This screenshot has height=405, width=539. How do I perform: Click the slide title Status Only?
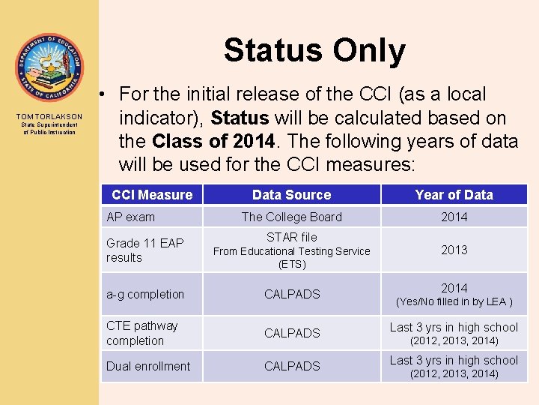coord(314,51)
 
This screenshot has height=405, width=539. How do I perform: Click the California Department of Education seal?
coord(49,68)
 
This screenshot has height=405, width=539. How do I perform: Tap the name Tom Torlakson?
coord(49,117)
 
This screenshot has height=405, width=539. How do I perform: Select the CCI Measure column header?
coord(152,195)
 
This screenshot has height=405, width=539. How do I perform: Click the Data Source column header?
coord(291,195)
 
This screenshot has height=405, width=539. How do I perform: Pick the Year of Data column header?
coord(454,195)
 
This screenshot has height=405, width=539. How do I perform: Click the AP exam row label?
coord(131,217)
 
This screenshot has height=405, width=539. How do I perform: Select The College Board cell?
coord(291,217)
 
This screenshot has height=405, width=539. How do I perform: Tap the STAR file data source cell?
coord(291,250)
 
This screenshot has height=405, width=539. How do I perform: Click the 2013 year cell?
coord(454,250)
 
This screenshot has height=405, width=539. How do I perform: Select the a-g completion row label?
coord(145,294)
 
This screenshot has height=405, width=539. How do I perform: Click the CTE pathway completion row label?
coord(142,333)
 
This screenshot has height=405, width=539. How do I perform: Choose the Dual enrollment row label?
coord(148,366)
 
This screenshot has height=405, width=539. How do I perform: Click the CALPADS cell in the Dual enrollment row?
coord(292,366)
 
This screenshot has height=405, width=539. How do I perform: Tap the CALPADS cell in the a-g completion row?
coord(292,294)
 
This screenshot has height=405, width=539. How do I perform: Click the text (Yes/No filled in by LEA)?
coord(454,302)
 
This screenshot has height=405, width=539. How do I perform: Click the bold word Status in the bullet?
coord(240,118)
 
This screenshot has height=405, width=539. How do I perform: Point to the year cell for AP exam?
coord(454,217)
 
